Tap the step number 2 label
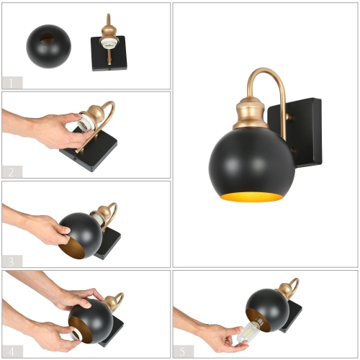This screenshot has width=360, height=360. click(x=12, y=171)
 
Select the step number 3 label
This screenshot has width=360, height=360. click(x=12, y=260)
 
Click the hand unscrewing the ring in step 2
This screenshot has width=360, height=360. click(x=50, y=130)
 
